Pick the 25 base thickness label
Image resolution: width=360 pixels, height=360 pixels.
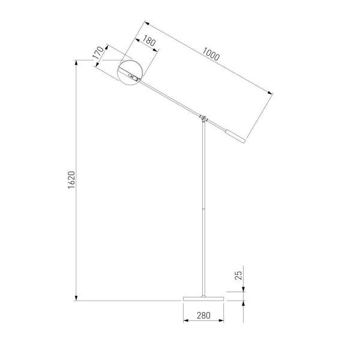(x=238, y=277)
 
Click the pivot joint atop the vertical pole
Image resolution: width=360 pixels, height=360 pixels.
(x=205, y=118)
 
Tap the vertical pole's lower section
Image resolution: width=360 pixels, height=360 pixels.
(x=205, y=252)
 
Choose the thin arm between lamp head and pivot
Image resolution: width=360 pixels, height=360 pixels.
(x=171, y=98)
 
